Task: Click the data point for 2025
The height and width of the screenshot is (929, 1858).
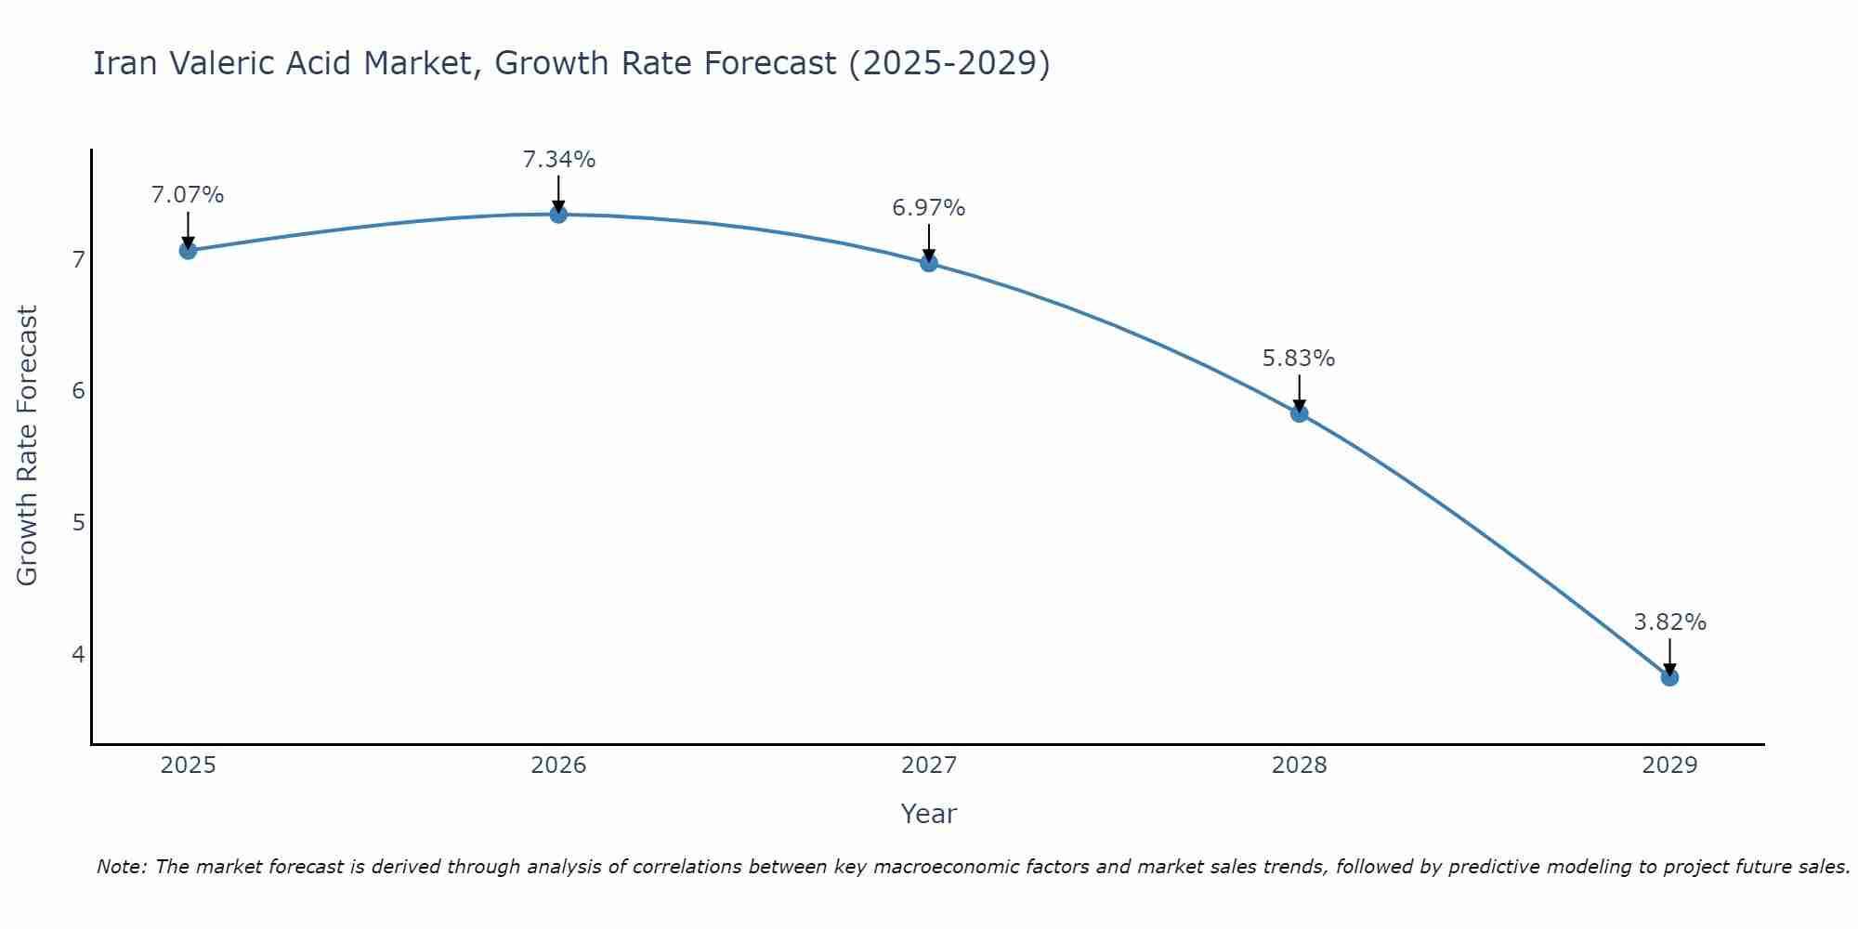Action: [188, 250]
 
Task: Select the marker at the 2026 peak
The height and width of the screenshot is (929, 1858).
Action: [558, 215]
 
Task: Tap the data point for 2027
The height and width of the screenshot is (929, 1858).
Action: [929, 263]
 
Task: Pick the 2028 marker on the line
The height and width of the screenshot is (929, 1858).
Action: [1299, 413]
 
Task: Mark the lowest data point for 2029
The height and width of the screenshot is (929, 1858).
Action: [1669, 677]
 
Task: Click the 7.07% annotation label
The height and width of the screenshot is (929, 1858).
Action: [188, 195]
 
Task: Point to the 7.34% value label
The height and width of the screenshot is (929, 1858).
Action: [558, 160]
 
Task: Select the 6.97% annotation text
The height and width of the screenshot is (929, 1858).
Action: [929, 208]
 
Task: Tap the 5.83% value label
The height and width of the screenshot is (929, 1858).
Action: [1299, 359]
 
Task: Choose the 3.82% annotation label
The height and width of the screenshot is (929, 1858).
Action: [1669, 622]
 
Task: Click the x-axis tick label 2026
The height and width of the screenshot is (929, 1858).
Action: [558, 765]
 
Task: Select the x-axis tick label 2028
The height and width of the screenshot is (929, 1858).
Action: [1299, 765]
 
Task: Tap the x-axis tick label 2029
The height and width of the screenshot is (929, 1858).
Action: [1669, 765]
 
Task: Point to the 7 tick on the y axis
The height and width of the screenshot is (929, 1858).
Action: [78, 259]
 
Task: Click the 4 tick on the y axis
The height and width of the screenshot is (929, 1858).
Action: [78, 654]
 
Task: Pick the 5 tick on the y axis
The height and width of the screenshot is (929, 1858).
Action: [78, 522]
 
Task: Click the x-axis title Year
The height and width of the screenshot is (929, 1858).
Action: [929, 814]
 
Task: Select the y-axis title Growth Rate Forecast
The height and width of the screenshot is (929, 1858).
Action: [28, 446]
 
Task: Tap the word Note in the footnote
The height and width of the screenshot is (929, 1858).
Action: [121, 867]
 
